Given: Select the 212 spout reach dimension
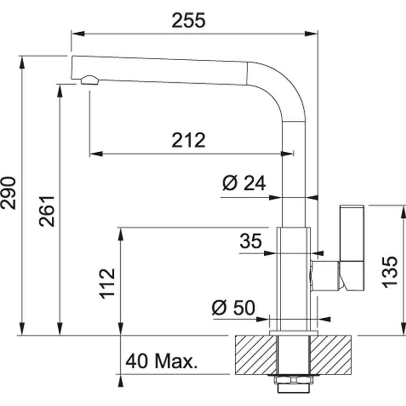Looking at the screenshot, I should pos(188,140).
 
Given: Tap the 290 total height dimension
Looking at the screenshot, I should pos(9,193).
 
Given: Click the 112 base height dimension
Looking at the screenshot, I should pos(108,283).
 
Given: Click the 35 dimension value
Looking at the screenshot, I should pos(250,241).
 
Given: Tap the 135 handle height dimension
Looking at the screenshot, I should pos(390,271).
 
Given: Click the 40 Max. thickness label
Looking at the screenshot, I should pos(161,362).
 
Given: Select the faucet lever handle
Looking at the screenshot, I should pos(352,247).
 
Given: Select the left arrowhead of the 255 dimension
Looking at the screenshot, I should pos(76,33).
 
